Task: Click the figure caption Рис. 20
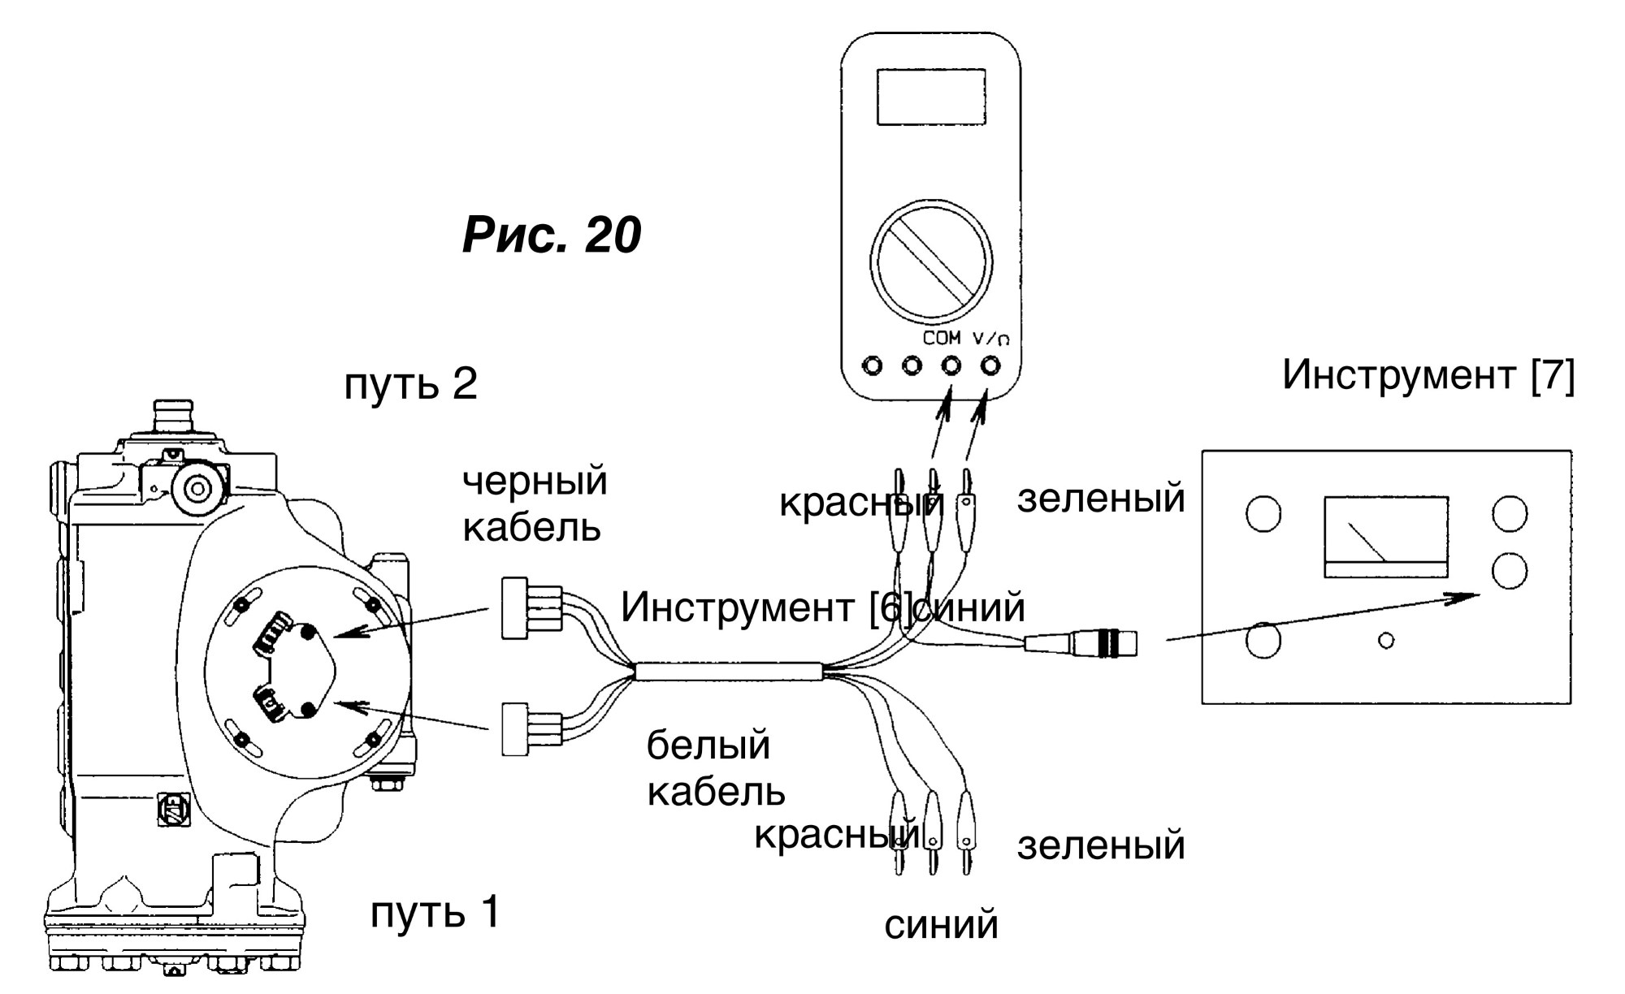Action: tap(552, 236)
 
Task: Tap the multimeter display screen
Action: tap(931, 97)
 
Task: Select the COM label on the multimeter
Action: tap(942, 338)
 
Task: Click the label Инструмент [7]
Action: tap(1428, 375)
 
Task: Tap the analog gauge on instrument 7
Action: tap(1386, 537)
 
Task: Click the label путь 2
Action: tap(411, 384)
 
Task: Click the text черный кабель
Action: tap(535, 504)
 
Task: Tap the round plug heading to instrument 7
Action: tap(1081, 643)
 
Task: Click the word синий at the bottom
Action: tap(941, 925)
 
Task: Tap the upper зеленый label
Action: tap(1101, 498)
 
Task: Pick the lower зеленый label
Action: tap(1101, 845)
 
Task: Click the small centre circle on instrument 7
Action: tap(1387, 641)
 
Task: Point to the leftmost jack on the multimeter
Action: tap(872, 366)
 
